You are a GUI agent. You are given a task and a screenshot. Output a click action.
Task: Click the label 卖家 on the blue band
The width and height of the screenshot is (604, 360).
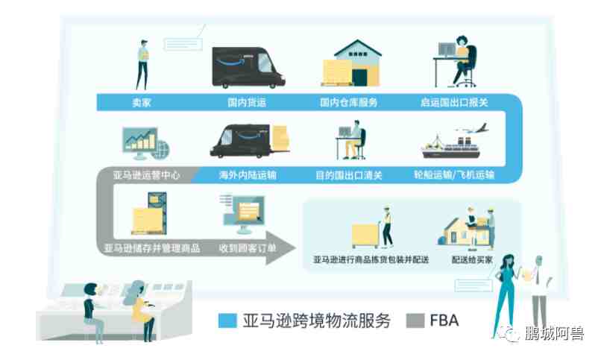click(x=142, y=102)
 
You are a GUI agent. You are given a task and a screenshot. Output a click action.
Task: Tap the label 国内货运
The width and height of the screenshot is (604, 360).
click(x=247, y=102)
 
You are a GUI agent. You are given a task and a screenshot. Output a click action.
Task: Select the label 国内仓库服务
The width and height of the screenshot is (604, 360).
click(x=348, y=102)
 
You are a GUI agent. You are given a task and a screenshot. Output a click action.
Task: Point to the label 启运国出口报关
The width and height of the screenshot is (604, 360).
click(x=454, y=102)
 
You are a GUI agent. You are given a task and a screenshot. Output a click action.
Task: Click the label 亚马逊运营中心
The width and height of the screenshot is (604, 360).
click(x=146, y=175)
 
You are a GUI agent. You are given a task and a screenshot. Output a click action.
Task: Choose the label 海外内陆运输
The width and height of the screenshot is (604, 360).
click(x=248, y=175)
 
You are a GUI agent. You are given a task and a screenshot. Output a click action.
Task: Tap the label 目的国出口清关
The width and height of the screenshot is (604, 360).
click(x=349, y=176)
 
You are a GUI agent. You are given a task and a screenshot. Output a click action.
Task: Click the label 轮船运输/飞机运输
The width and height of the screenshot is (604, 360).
click(x=454, y=175)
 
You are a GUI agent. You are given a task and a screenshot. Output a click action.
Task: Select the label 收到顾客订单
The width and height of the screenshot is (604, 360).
click(x=248, y=248)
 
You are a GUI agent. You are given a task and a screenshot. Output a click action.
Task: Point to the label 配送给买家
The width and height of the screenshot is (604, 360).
click(x=472, y=260)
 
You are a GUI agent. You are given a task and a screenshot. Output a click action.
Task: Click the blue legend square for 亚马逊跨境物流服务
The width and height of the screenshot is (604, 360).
click(x=227, y=320)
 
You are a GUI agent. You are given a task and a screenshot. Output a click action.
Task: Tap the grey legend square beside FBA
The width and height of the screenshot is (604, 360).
click(x=415, y=320)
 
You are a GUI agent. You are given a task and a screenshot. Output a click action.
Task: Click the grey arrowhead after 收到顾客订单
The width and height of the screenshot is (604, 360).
click(x=280, y=248)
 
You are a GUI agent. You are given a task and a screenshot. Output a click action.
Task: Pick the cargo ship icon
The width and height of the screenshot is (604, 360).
click(x=450, y=148)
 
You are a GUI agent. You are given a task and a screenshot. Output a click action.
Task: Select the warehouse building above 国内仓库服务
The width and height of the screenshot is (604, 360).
click(x=352, y=63)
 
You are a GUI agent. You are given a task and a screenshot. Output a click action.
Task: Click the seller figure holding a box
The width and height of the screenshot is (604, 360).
click(x=142, y=65)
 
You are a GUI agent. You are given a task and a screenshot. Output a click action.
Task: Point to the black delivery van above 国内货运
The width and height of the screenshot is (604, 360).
click(x=248, y=68)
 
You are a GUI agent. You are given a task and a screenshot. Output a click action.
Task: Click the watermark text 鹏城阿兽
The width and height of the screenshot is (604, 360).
click(x=554, y=333)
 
